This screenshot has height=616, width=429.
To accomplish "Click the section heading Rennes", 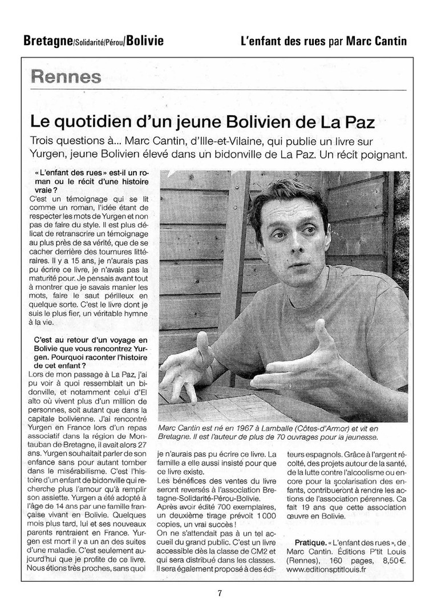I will [67, 76].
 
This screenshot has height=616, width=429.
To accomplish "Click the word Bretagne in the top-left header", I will [47, 40].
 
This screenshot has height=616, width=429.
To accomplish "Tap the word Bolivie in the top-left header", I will [145, 40].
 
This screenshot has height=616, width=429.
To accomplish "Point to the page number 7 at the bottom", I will [220, 593].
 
